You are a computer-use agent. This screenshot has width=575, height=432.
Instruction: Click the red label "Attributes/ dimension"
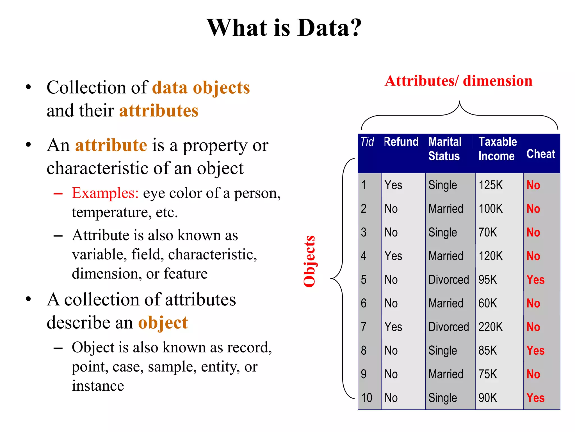pos(458,81)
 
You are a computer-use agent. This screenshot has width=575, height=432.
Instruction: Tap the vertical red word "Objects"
pos(309,262)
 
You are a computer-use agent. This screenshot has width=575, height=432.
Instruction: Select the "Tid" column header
pos(367,142)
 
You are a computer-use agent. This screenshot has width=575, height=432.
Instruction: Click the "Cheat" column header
pos(541,154)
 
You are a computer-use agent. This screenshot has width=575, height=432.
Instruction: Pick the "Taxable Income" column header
pos(497,149)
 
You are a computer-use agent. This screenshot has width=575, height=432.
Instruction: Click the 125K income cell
pos(490,185)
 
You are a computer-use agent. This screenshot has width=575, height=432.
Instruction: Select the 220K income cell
pos(490,327)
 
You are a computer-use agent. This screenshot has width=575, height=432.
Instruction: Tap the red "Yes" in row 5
pos(535,280)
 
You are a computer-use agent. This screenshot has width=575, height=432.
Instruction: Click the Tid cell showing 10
pos(366,398)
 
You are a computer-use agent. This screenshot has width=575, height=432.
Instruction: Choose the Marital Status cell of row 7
pos(448,327)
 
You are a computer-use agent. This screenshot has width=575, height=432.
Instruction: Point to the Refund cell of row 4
pos(393,256)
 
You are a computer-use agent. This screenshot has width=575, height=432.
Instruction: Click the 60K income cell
pos(488,303)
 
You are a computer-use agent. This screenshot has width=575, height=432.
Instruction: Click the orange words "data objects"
pos(201,88)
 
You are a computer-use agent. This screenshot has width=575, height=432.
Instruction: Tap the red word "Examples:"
pos(105,193)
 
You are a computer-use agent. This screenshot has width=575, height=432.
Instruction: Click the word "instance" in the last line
pos(98,386)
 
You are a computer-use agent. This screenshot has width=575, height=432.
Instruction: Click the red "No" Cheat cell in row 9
pos(533,374)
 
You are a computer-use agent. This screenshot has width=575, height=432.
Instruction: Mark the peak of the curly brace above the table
pos(460,102)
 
